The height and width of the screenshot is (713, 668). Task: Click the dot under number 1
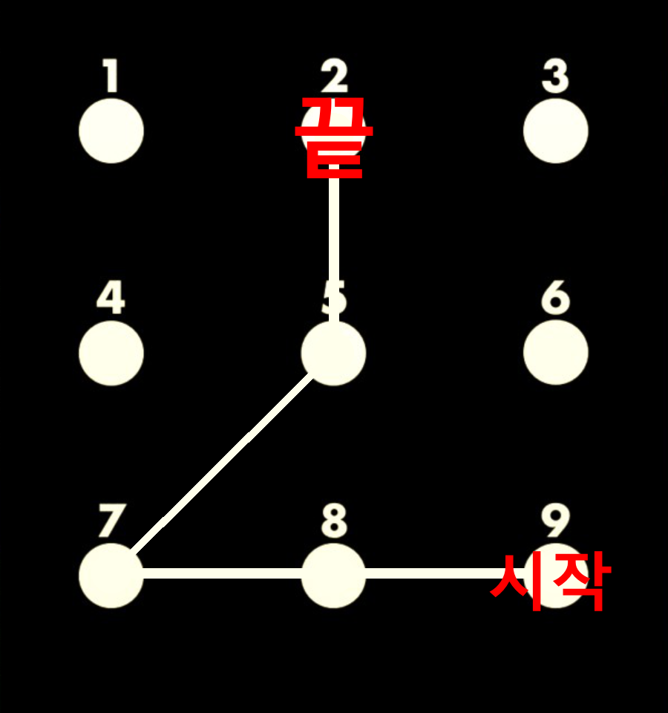pyautogui.click(x=111, y=131)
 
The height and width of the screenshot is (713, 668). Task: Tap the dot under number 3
pyautogui.click(x=556, y=131)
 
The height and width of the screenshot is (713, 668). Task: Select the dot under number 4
pyautogui.click(x=111, y=354)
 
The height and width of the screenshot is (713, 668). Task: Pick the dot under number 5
pyautogui.click(x=333, y=354)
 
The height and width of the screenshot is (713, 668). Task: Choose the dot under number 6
pyautogui.click(x=556, y=352)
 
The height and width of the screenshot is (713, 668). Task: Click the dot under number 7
pyautogui.click(x=111, y=575)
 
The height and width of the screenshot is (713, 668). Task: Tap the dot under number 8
pyautogui.click(x=333, y=575)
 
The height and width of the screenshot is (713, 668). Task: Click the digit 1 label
pyautogui.click(x=111, y=75)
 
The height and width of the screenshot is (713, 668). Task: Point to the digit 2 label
pyautogui.click(x=334, y=75)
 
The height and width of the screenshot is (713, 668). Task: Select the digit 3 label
pyautogui.click(x=555, y=76)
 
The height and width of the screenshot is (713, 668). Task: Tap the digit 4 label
pyautogui.click(x=111, y=297)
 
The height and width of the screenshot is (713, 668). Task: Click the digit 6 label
pyautogui.click(x=555, y=297)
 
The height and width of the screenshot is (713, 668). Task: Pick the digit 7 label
pyautogui.click(x=111, y=520)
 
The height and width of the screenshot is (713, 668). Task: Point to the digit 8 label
pyautogui.click(x=334, y=520)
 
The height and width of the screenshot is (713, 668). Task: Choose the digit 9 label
pyautogui.click(x=555, y=520)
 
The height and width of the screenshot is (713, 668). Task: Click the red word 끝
pyautogui.click(x=334, y=137)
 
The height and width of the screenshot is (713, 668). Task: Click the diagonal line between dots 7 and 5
pyautogui.click(x=223, y=463)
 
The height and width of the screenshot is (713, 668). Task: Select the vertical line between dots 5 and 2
pyautogui.click(x=334, y=250)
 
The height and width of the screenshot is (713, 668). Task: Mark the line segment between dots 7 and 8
pyautogui.click(x=223, y=573)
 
